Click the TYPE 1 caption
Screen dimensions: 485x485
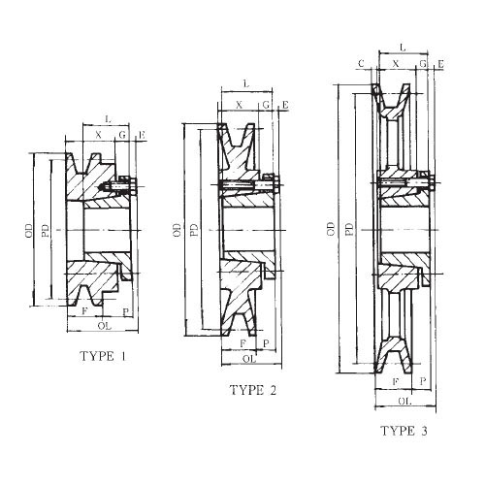click(x=103, y=356)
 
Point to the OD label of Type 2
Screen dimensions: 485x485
click(x=177, y=231)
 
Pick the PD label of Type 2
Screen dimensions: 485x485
click(x=194, y=231)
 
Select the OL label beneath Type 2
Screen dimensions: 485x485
click(x=249, y=358)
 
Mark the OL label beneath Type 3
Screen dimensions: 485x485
click(x=404, y=399)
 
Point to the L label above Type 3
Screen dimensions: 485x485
click(x=402, y=45)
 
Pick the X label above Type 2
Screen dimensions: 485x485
click(x=239, y=104)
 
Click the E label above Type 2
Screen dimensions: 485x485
click(x=284, y=104)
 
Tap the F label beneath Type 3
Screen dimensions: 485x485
click(x=395, y=382)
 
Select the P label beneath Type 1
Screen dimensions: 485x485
click(x=126, y=312)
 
